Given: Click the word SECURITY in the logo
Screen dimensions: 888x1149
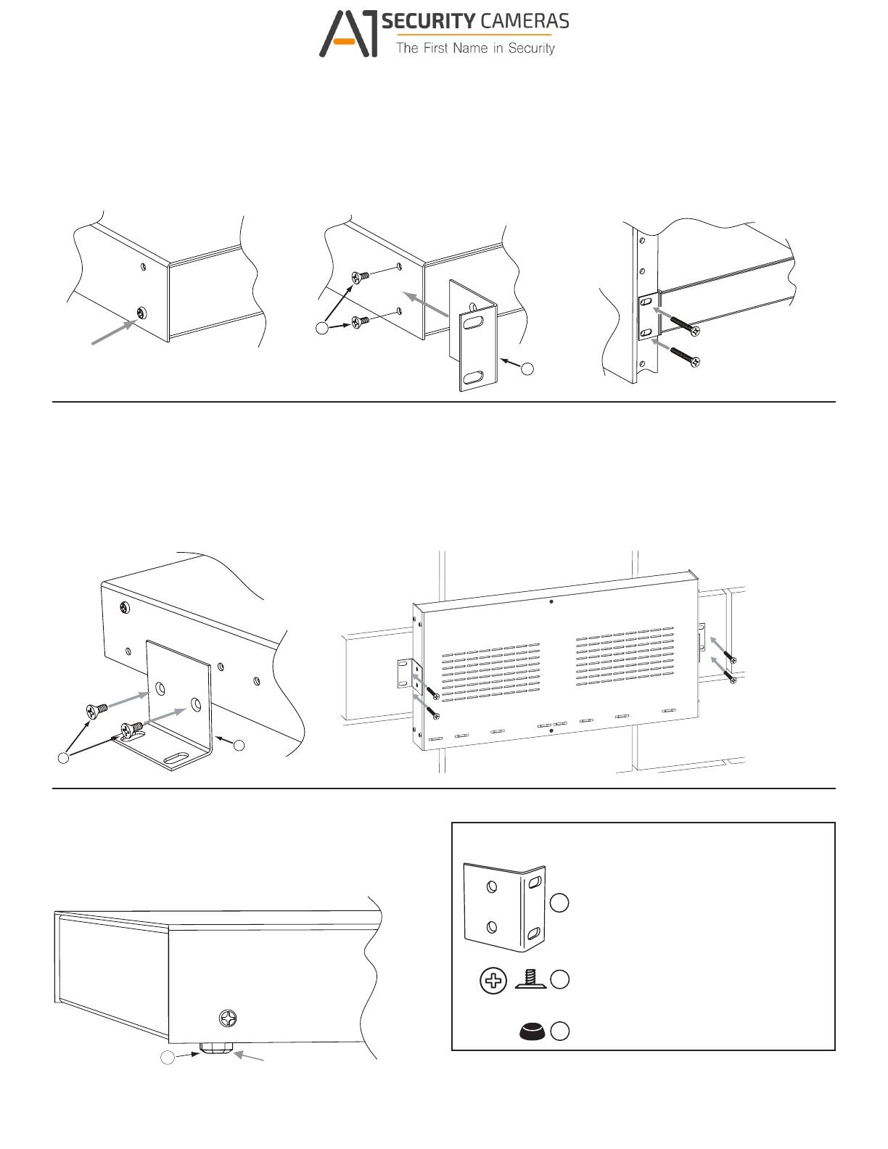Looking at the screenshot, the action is [x=428, y=22].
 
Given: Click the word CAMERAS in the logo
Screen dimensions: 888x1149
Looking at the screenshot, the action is [x=525, y=22].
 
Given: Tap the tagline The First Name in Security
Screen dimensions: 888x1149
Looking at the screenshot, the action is [x=475, y=49].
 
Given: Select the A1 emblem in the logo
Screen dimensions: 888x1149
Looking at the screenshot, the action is [x=349, y=34].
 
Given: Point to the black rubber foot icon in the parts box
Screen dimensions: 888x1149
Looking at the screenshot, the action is [x=533, y=1031].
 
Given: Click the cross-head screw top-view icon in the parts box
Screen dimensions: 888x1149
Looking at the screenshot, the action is [x=493, y=981].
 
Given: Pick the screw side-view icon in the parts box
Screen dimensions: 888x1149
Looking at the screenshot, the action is [x=530, y=979].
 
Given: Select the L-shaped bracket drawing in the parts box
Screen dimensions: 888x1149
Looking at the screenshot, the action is [x=504, y=907].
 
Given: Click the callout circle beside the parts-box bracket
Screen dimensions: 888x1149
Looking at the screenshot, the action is [x=559, y=903].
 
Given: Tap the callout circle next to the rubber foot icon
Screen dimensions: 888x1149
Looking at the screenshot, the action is [x=559, y=1031].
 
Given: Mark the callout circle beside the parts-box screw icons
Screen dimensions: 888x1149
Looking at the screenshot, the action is [x=559, y=979].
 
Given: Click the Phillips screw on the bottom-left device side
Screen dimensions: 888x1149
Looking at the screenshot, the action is [x=229, y=1018].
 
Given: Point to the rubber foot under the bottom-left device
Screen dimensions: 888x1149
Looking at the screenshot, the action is [x=216, y=1049].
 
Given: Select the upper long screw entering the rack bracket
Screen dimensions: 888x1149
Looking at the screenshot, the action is [x=684, y=326].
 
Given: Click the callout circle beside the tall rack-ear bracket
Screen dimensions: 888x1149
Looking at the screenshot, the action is [x=527, y=368].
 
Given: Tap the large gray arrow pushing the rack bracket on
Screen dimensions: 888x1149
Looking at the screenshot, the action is [x=426, y=305].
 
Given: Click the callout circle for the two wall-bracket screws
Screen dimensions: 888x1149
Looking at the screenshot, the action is [x=64, y=757].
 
